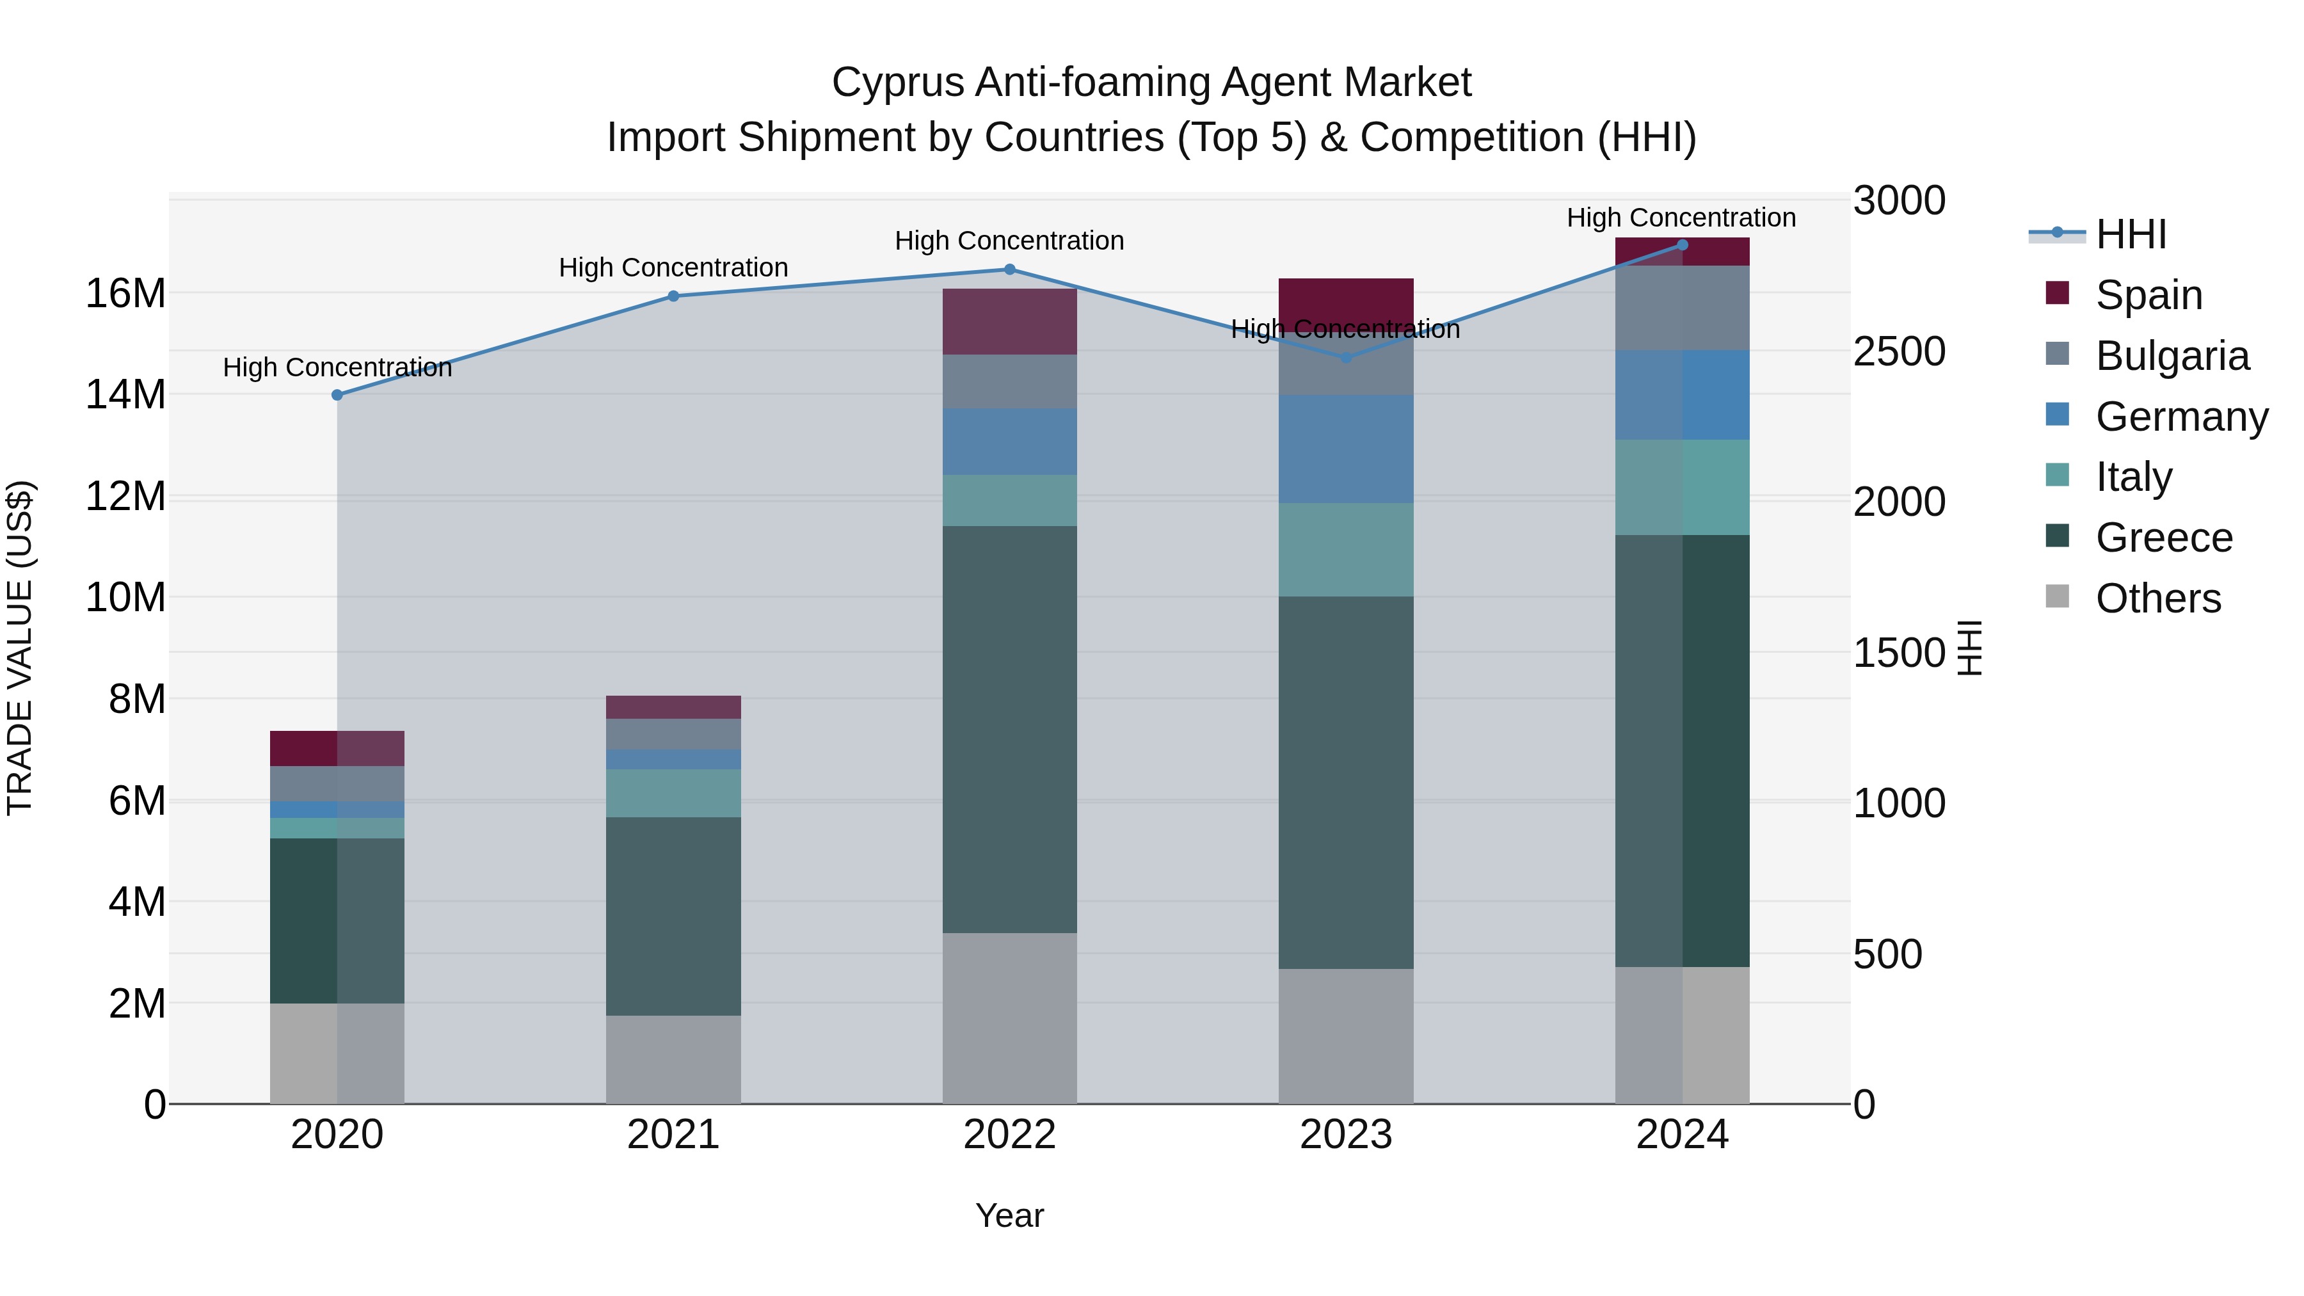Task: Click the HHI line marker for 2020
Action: pos(337,394)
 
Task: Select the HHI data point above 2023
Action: pos(1345,358)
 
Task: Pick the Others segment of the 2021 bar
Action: pos(673,1059)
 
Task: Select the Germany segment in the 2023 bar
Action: pos(1345,449)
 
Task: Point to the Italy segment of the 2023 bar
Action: pos(1345,549)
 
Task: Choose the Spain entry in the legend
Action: pos(2148,295)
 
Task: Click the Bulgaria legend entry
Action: pos(2172,356)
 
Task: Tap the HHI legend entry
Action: pos(2131,234)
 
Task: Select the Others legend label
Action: pos(2157,598)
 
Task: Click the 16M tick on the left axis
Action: pos(125,293)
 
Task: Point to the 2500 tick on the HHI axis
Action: pos(1898,351)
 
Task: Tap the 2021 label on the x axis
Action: pos(673,1135)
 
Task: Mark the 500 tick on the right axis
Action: pos(1887,954)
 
